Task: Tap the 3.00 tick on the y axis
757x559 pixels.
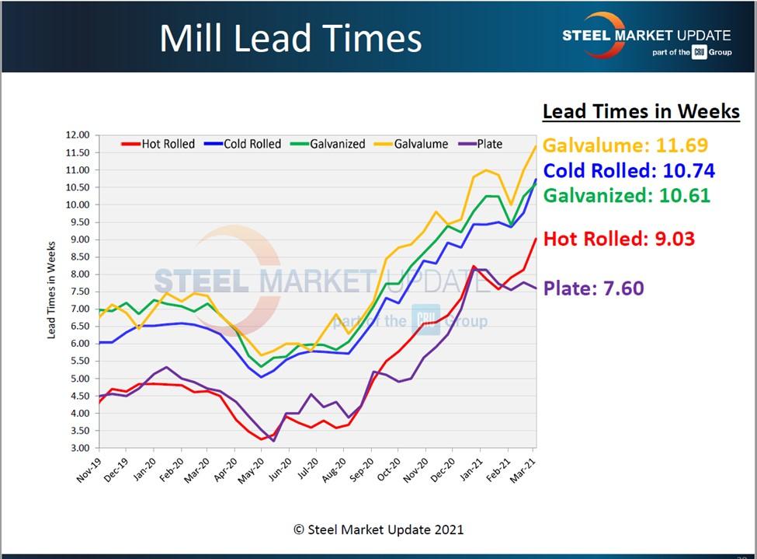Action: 79,449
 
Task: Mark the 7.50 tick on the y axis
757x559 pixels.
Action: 79,292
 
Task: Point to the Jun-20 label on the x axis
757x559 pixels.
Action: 280,468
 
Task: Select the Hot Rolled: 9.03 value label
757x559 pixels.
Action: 619,239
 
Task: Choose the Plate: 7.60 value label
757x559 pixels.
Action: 593,288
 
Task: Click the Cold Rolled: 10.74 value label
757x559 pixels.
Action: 629,170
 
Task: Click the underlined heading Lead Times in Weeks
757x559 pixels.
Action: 641,111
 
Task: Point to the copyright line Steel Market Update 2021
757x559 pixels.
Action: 378,529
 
